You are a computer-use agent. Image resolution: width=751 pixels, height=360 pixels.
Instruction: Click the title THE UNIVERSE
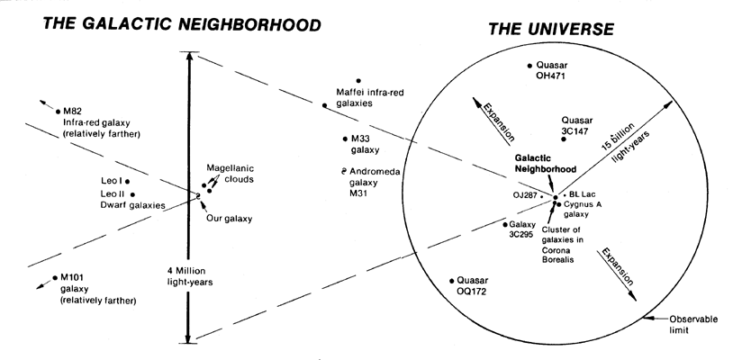tap(551, 30)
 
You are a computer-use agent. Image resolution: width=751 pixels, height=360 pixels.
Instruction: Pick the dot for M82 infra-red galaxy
tap(55, 111)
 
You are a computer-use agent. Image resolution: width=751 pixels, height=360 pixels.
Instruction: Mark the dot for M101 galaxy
tap(55, 276)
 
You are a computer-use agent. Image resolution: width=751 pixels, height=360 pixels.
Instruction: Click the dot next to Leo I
tap(128, 181)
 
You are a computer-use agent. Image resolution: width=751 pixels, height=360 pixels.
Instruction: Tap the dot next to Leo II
tap(132, 193)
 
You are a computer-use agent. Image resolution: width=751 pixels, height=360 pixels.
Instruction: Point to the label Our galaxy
tap(228, 219)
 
